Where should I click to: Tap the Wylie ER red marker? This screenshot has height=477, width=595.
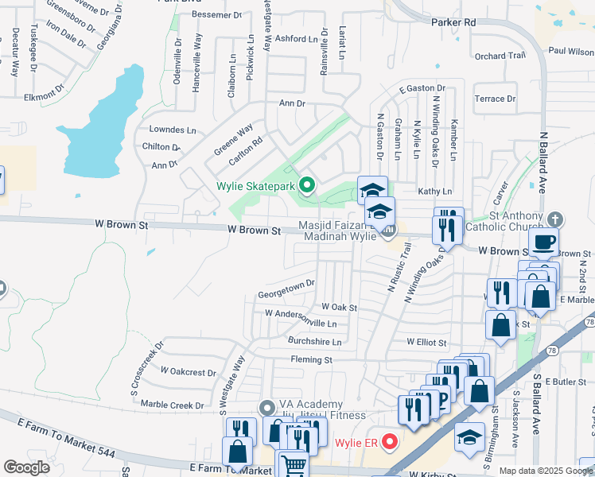point(390,441)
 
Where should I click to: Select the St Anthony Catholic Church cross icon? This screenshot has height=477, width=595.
point(556,219)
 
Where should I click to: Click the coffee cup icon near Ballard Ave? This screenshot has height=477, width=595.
point(543,242)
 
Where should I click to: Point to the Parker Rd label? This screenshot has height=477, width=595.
point(453,23)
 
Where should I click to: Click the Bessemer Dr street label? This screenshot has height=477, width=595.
point(216,15)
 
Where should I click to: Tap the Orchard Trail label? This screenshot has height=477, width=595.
point(500,56)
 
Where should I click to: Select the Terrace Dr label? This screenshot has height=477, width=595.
point(494,99)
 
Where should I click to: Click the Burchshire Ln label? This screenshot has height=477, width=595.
point(314,343)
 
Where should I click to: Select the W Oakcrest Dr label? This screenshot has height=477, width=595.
point(188,371)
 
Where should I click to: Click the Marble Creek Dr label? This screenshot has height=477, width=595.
point(177,405)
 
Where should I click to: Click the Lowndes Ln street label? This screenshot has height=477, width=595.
point(172,130)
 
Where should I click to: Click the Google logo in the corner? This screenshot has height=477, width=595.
point(26,467)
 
